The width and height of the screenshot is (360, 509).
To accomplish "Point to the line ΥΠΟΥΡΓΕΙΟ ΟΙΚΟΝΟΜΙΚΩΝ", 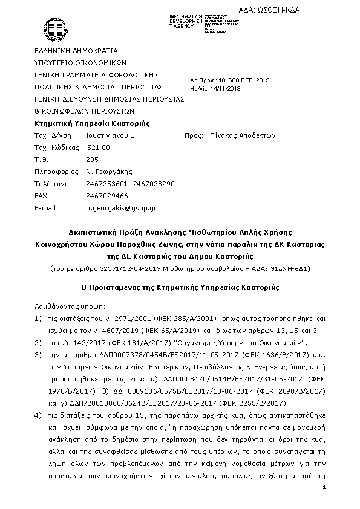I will pos(79,63).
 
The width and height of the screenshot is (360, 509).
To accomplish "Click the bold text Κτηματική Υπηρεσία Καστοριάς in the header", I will pos(92,123).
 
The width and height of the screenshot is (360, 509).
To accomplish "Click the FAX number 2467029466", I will pos(106,196).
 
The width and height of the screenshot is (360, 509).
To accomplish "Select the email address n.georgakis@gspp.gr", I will pos(120,208).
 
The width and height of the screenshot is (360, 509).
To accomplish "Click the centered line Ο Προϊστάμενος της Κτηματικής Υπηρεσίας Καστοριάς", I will pos(179,285).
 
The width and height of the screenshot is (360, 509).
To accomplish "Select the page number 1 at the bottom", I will pos(324,487).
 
